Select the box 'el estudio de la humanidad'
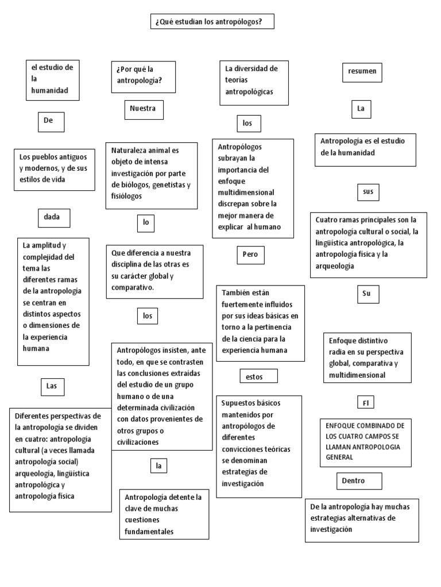coord(53,79)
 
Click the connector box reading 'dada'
coord(53,218)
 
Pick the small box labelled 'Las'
coord(52,387)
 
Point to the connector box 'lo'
coord(146,223)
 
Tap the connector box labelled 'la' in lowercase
coord(157,466)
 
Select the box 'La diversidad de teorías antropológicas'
coord(254,83)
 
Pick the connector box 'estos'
coord(258,376)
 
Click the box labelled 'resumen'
coord(362,72)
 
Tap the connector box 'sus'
coord(368,191)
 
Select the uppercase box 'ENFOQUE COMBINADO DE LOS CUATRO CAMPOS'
coord(366,442)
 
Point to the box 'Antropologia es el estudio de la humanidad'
coord(365,150)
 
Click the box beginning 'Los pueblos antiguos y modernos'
coord(55,170)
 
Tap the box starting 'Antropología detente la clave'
coord(164,514)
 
